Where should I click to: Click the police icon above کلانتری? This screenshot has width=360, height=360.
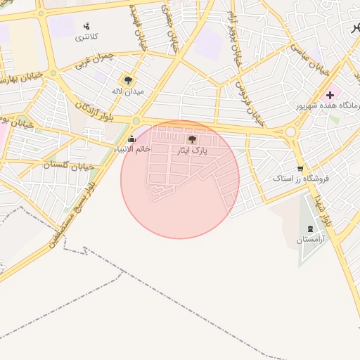[86, 26]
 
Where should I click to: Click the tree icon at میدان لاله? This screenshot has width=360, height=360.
[127, 80]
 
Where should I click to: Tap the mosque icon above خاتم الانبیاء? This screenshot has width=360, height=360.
[132, 139]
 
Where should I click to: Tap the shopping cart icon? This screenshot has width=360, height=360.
[301, 168]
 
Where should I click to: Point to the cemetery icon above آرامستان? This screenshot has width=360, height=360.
[311, 229]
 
